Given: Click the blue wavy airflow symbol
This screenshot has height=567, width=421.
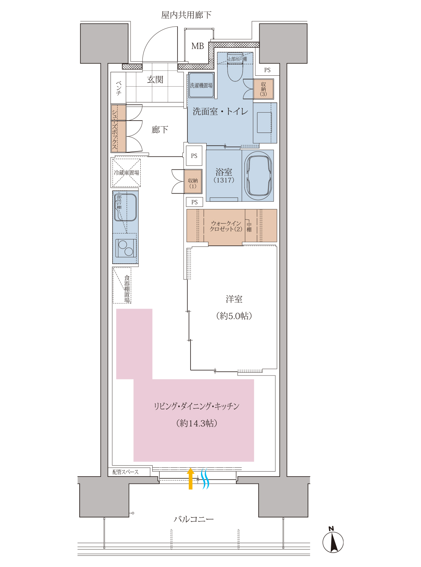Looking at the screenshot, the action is pos(205,479).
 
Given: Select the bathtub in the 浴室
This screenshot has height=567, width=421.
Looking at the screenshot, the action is pos(258,175).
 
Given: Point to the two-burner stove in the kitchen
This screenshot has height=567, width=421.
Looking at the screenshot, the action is pos(126,248).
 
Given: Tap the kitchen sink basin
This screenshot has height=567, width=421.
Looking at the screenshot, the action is pos(125,207).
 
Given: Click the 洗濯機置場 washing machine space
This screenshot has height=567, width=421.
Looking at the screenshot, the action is pos(201,85).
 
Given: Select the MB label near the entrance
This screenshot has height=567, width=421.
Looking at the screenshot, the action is pos(198,46).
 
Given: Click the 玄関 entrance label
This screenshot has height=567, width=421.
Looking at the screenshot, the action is pos(155,80).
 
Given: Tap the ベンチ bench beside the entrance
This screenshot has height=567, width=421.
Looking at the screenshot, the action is pos(118,87).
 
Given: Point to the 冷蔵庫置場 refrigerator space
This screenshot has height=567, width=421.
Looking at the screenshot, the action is pos(126,173).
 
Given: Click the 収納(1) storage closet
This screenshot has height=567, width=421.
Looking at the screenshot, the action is pos(193,181).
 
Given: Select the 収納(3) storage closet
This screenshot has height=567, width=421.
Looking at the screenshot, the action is pos(263,89).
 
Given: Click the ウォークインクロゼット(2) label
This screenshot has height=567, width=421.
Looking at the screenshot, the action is pos(226,226).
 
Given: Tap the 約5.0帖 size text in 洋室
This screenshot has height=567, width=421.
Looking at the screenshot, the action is pos(234,316).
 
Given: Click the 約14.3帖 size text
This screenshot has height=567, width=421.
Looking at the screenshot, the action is pos(197,423).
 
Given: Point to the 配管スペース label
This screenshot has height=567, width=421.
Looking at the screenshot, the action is pos(126,472).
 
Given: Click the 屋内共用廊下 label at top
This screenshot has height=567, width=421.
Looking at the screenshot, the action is pos(186,15).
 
